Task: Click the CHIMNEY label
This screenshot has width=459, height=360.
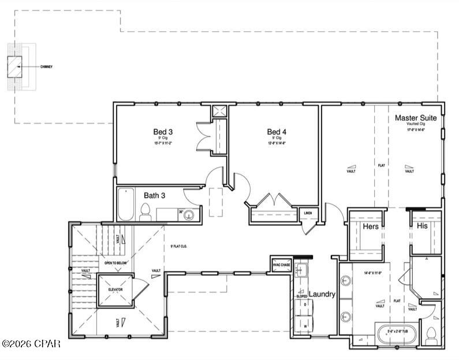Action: click(47, 67)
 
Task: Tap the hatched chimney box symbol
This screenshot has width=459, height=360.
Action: click(14, 67)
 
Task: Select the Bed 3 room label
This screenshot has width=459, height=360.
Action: click(163, 132)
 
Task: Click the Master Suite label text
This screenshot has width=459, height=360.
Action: click(420, 118)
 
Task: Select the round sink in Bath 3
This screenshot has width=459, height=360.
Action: click(189, 215)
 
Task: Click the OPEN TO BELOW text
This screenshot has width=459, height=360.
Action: click(115, 263)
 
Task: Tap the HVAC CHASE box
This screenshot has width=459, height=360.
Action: click(281, 265)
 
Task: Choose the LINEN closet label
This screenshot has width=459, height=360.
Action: click(308, 213)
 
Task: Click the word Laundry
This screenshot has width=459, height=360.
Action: click(322, 294)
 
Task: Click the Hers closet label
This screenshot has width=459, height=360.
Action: click(371, 227)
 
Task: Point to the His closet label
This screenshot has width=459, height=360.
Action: click(422, 227)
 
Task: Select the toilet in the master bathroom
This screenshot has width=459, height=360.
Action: click(431, 334)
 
